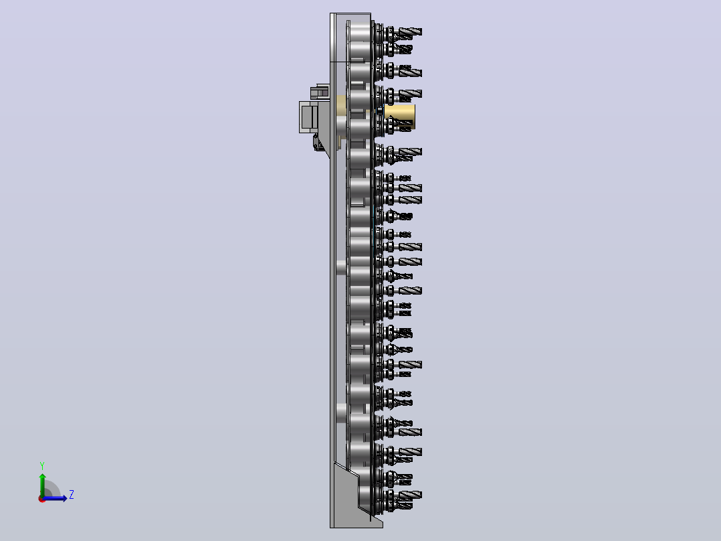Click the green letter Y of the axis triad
(x=42, y=466)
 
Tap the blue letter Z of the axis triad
(x=72, y=495)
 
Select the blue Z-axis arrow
(x=54, y=498)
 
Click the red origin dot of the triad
(x=42, y=499)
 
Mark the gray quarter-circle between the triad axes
(x=51, y=489)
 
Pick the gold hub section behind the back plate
(x=341, y=105)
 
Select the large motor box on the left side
(x=309, y=117)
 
